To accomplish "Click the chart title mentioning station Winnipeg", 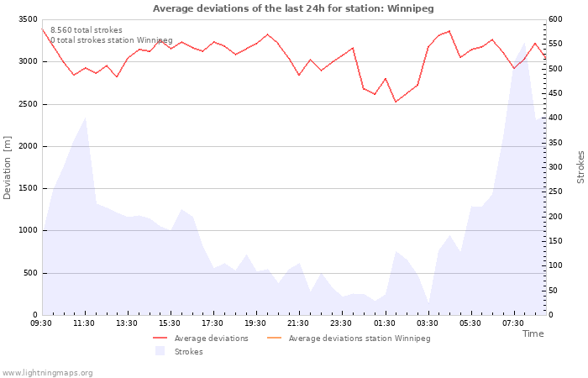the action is [293, 8].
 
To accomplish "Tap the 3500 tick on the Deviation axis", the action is [28, 19].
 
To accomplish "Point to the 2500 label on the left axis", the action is [28, 104].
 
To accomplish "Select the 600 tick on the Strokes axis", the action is [555, 19].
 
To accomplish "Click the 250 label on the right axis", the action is [555, 192].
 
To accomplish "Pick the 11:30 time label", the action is [84, 323].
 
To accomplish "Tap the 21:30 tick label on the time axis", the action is [298, 323].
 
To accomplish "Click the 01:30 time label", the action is [385, 323].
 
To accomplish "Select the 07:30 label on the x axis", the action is [513, 323].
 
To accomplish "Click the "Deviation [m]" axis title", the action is [7, 168].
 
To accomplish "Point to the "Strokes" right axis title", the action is [580, 167].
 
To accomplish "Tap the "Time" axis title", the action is [533, 333].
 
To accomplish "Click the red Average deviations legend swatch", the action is [160, 339].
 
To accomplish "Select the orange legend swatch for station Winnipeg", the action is [274, 339].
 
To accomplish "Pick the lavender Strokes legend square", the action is [160, 351].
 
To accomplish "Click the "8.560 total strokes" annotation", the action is [87, 30].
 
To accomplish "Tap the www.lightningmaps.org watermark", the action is [47, 373].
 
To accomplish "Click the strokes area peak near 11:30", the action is [86, 118].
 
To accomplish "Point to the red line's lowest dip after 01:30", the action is [396, 102].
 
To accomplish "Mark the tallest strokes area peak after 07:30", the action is [525, 43].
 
